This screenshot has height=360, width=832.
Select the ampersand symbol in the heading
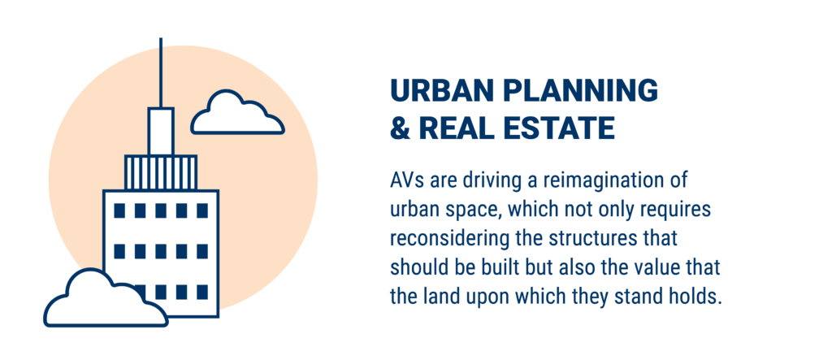click(x=401, y=129)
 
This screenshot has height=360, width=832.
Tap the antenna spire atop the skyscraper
click(x=161, y=73)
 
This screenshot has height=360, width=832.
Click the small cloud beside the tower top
click(x=237, y=113)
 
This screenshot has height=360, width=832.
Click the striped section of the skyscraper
click(x=161, y=172)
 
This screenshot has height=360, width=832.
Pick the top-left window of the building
click(x=119, y=210)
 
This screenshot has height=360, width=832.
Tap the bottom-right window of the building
click(x=202, y=292)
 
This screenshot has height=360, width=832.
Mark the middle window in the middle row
click(x=161, y=252)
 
